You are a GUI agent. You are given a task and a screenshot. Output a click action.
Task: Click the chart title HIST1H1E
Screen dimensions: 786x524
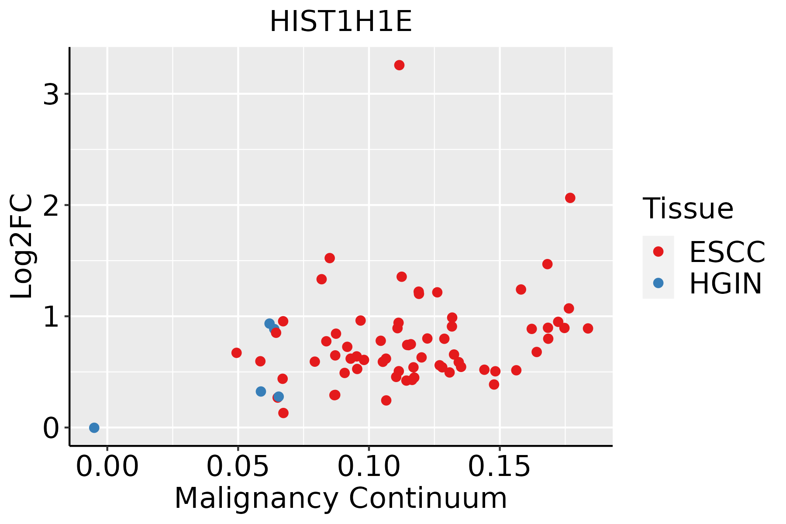(341, 22)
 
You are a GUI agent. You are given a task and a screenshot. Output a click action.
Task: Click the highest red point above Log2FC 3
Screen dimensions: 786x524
(399, 65)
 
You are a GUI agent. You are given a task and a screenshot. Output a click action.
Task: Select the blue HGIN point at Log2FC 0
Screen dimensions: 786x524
(94, 427)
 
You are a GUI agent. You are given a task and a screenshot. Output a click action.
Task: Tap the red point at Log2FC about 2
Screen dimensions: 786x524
(570, 198)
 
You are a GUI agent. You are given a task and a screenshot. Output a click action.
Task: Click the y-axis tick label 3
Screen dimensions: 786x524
(51, 94)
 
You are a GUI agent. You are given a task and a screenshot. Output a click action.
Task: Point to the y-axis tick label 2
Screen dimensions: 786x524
(51, 205)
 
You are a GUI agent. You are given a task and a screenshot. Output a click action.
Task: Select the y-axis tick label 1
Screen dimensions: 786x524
(51, 316)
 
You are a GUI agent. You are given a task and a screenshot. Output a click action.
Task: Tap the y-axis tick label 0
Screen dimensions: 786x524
(51, 427)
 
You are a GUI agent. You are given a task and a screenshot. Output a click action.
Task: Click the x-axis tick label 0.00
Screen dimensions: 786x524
(107, 467)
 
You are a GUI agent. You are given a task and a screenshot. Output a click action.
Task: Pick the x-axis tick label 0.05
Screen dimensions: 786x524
(238, 467)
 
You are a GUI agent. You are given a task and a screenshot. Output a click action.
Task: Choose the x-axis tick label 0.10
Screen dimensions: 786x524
(369, 467)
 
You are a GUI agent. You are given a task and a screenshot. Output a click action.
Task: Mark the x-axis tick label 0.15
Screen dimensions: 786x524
(500, 467)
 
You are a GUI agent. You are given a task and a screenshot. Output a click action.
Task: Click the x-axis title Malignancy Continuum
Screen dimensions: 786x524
(341, 498)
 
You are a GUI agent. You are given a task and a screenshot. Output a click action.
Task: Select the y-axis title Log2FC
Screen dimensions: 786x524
(22, 246)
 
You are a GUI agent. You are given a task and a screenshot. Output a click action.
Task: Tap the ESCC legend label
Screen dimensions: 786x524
(727, 252)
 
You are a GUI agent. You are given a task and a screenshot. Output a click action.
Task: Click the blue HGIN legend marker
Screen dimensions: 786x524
(658, 283)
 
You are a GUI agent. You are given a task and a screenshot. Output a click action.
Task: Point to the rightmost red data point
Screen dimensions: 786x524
(588, 328)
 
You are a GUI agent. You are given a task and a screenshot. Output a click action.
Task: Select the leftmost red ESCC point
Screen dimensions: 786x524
(237, 353)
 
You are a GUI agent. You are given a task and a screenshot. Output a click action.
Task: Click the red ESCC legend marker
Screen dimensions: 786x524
(658, 251)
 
